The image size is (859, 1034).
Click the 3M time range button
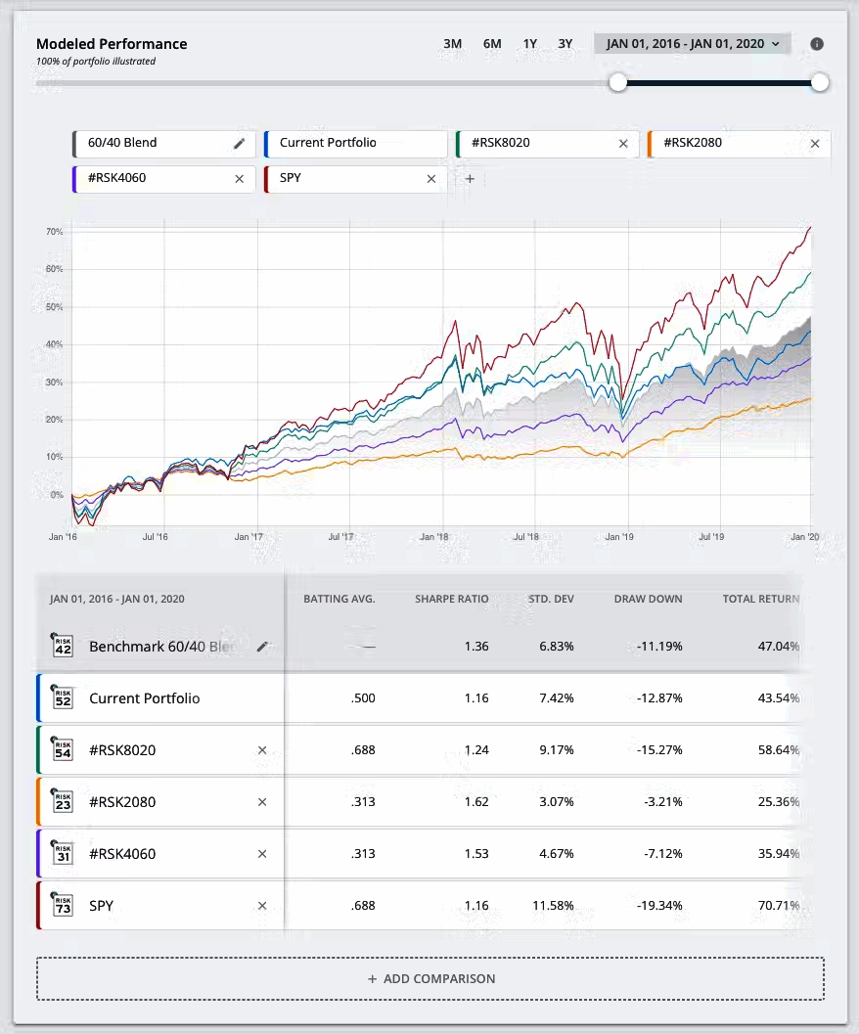point(452,44)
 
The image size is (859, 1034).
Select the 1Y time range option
point(530,44)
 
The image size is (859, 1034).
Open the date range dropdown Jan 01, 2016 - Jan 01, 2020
point(692,44)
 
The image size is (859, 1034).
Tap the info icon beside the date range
point(817,44)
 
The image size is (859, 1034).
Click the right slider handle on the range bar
point(820,82)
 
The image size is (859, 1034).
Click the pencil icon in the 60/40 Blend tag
point(239,143)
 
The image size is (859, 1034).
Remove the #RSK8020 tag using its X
point(623,144)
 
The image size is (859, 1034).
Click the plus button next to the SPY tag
point(470,179)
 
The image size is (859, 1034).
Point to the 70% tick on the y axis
point(54,232)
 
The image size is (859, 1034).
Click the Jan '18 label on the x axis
point(433,537)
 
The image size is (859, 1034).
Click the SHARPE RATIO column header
point(451,599)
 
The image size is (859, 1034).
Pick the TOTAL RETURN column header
point(760,599)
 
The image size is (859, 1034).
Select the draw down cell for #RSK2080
point(663,802)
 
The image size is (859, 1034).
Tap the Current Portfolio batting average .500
point(362,698)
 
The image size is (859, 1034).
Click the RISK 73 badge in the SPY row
point(64,905)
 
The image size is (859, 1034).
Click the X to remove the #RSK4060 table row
point(261,854)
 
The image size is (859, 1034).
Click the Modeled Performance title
point(112,44)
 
